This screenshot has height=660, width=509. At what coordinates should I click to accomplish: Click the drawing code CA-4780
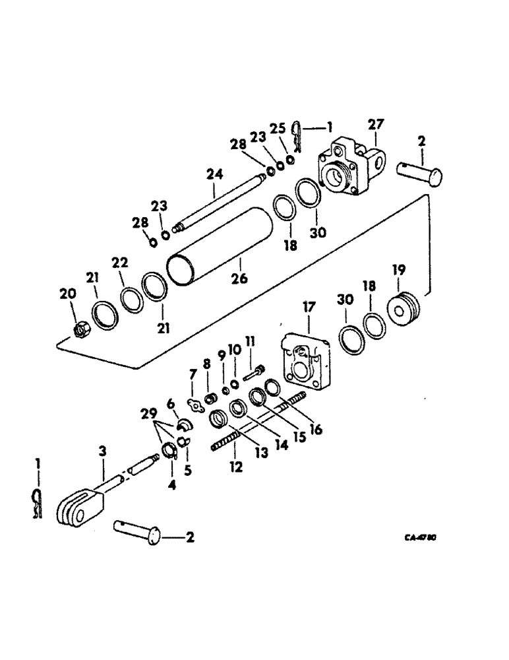(x=419, y=537)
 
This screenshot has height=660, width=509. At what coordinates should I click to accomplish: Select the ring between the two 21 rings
(x=132, y=297)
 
